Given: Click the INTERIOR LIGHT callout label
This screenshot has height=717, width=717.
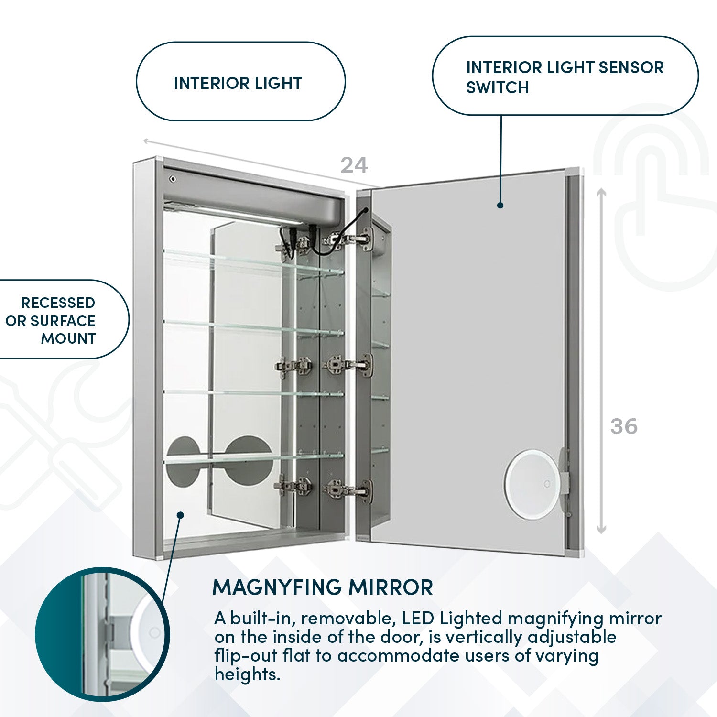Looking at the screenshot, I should point(238,83).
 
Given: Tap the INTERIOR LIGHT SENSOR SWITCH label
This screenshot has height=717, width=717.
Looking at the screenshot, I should point(564,77).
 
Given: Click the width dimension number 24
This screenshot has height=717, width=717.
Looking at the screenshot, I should point(354,165).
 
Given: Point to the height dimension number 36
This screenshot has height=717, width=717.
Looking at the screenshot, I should point(624,426).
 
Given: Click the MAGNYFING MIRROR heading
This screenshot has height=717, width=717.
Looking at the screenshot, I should point(323,587).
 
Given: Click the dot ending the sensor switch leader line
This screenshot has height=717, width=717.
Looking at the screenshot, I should point(500,205).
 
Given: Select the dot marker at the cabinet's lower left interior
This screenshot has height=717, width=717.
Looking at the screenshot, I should point(180,515).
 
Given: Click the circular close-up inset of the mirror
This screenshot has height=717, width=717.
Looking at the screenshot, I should point(102,634).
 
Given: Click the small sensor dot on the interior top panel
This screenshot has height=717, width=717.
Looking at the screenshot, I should point(173,179).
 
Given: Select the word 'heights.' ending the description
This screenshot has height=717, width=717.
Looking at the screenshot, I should point(247,674).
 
